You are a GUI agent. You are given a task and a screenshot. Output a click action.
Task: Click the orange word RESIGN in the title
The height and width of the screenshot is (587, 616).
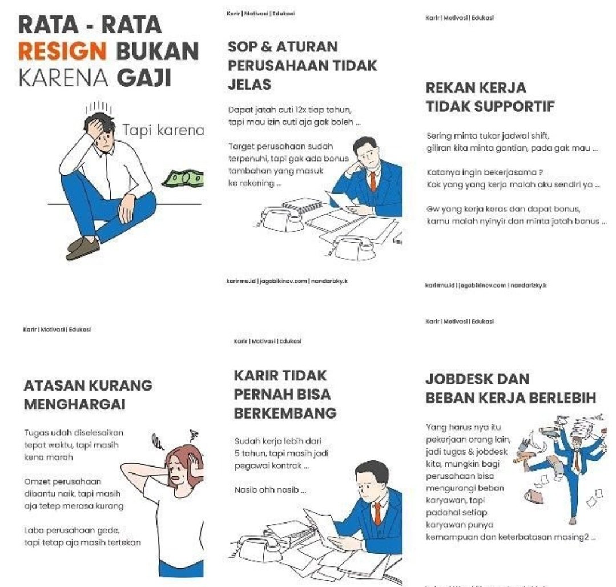62,51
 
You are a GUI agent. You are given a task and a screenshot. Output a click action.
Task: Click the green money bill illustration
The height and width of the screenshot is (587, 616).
183,179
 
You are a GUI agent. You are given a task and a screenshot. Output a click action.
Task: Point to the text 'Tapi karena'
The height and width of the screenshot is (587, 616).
163,131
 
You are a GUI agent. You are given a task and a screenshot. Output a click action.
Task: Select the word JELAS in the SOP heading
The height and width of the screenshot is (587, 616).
249,85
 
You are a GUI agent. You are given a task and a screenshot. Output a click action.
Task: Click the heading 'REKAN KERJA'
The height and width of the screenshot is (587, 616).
476,88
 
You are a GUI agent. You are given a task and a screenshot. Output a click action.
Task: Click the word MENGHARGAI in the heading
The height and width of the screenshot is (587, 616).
74,404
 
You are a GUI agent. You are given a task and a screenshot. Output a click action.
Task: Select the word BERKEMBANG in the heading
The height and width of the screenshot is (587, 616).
285,413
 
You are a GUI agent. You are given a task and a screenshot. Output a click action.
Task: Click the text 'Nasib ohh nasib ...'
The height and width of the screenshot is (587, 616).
270,489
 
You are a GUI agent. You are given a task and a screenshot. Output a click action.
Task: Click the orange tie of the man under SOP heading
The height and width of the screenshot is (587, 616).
372,181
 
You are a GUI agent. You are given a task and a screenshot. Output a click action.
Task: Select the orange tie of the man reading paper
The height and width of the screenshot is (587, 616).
377,513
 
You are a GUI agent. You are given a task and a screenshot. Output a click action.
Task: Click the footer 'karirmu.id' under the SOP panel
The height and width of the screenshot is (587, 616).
241,280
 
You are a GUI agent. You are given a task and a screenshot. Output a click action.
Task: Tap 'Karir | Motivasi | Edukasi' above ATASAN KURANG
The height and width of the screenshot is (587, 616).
57,329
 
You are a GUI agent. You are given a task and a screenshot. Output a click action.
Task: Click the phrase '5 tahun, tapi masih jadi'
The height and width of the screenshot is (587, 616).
272,453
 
